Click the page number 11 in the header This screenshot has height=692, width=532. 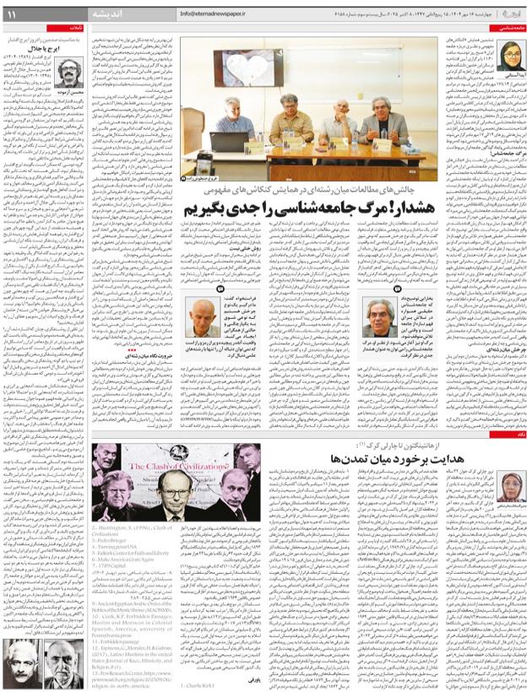(12, 15)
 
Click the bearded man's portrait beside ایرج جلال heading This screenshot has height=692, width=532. (72, 75)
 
